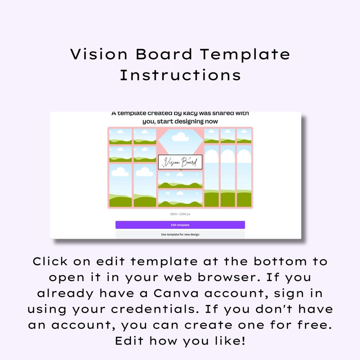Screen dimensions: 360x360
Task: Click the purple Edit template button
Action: [x=180, y=225]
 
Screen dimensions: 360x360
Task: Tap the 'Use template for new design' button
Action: [x=180, y=234]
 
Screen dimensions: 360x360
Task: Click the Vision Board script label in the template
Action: [x=180, y=162]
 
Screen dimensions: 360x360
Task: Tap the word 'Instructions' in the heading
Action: [x=180, y=75]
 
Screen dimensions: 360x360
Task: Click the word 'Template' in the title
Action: [x=245, y=54]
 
